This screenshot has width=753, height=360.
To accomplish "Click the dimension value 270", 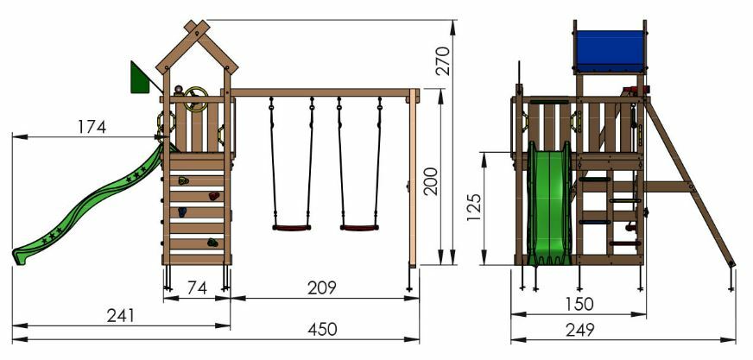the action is [x=443, y=61].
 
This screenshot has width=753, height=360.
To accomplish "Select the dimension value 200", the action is [x=431, y=181].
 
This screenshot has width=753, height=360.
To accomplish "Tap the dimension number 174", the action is [x=92, y=127].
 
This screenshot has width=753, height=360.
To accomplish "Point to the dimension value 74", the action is [x=197, y=288].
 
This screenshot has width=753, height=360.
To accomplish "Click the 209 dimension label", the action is [x=322, y=288].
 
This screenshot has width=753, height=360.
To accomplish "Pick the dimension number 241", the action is [x=121, y=316].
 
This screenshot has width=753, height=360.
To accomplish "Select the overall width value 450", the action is [x=322, y=330].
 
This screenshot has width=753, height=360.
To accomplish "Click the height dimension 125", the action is [x=474, y=207].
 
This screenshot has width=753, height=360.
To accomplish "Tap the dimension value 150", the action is [x=579, y=304].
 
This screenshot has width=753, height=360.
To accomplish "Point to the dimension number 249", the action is [x=579, y=330].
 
